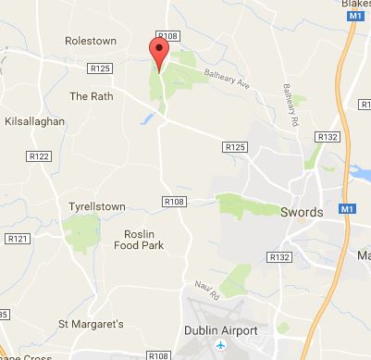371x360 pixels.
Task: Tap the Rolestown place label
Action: tap(92, 41)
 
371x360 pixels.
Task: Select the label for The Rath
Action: tap(90, 95)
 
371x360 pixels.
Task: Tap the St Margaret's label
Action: tap(90, 324)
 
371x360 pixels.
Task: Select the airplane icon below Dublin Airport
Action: tap(220, 347)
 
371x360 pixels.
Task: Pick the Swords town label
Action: tap(302, 212)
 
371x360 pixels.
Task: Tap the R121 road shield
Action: tap(18, 239)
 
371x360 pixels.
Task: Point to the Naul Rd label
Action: tap(204, 290)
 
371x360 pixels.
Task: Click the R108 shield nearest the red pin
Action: tap(168, 35)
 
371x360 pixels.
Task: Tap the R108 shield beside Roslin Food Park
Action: tap(174, 202)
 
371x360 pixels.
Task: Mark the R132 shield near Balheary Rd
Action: tap(327, 136)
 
